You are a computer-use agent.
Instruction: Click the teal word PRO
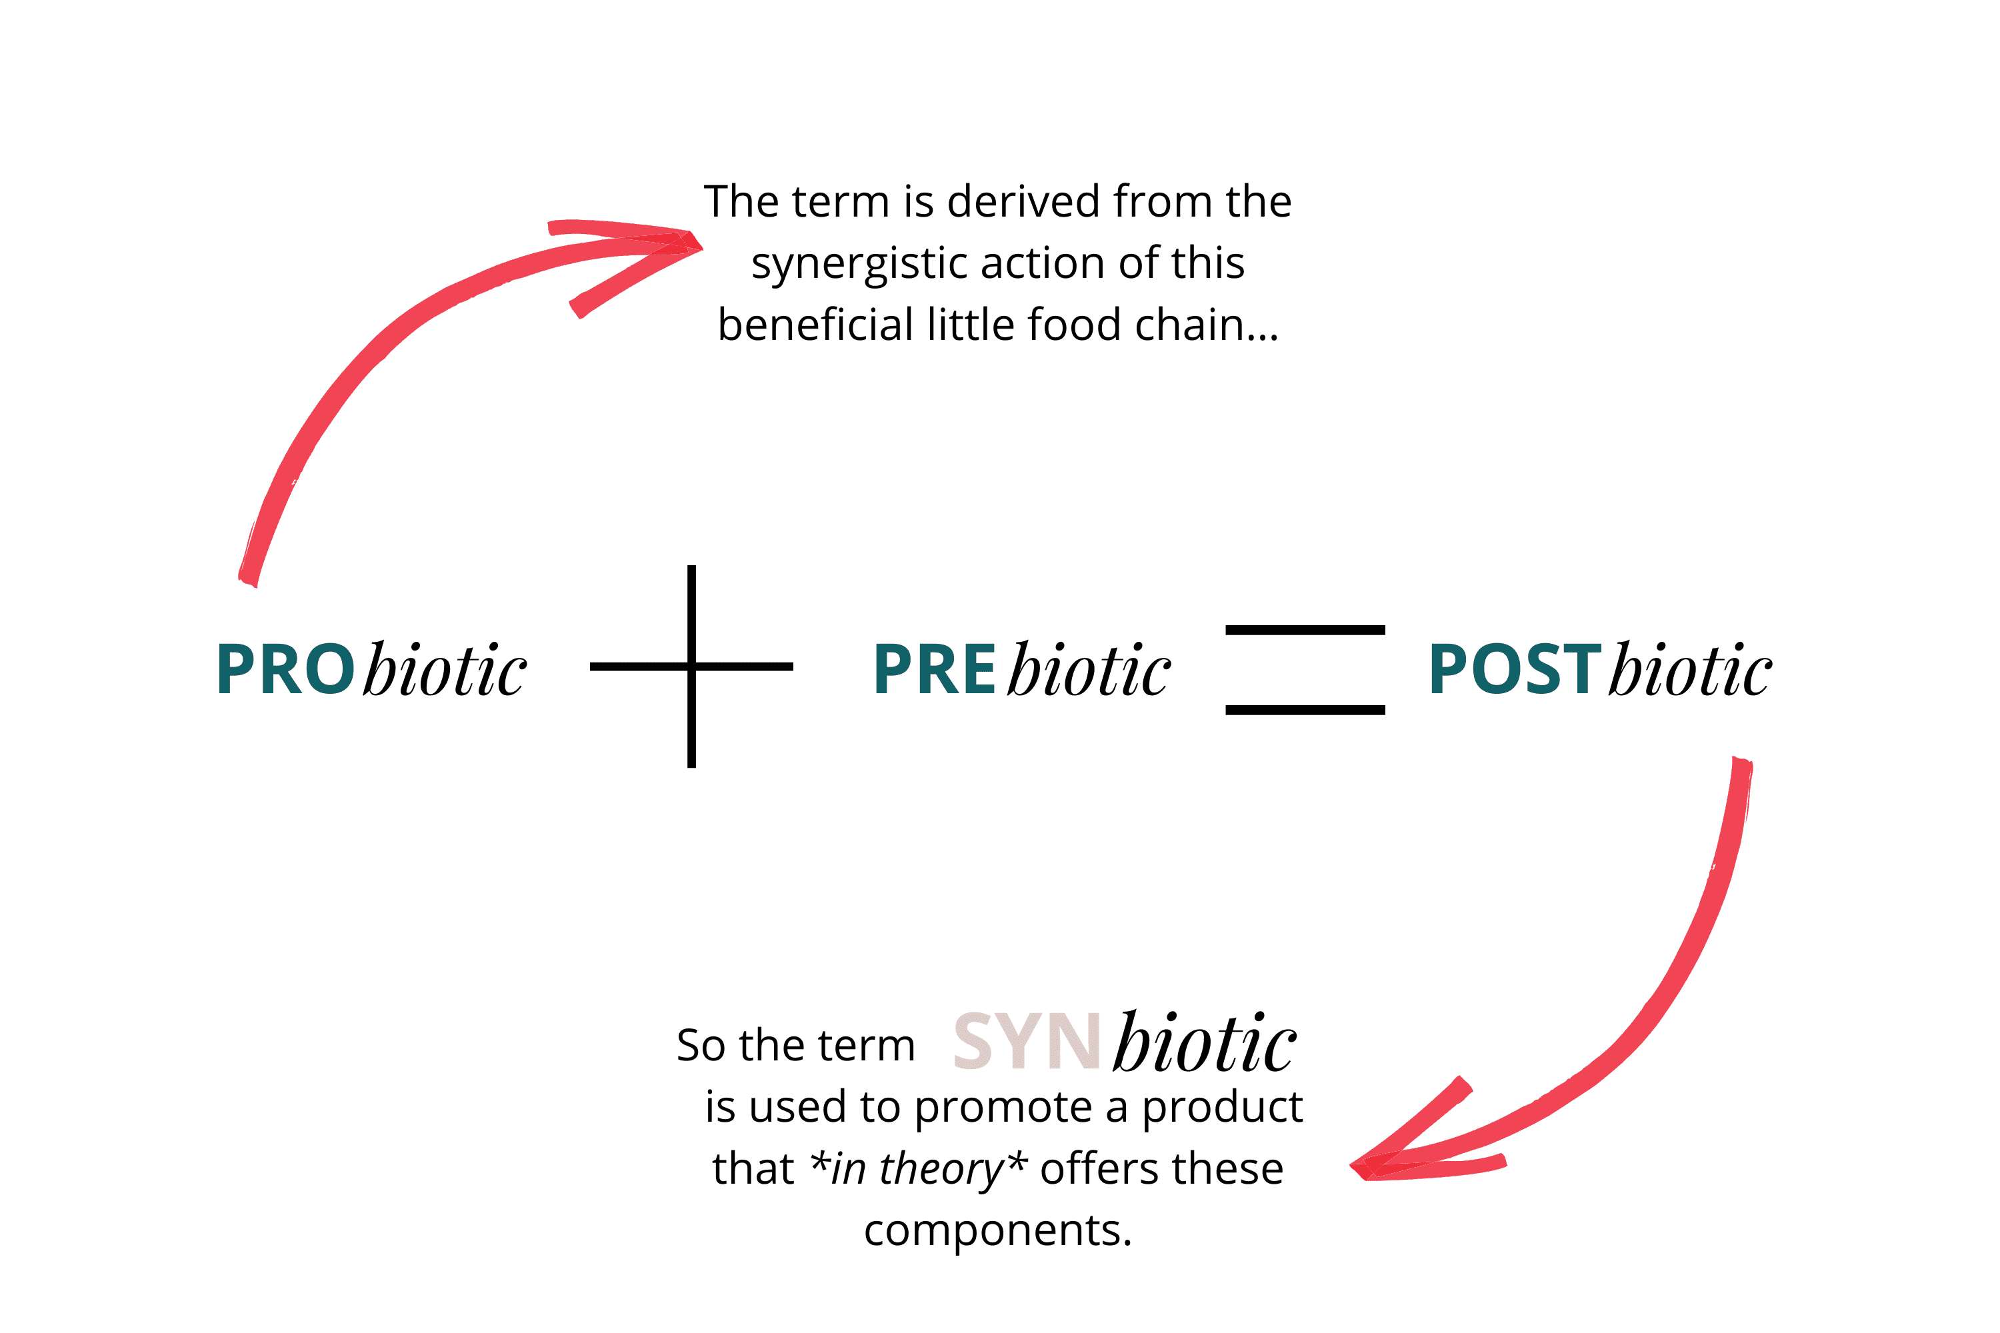pos(285,670)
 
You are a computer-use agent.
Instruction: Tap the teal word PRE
pos(934,670)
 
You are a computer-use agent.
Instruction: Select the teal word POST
pos(1515,670)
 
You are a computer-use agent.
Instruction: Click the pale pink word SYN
pos(1027,1042)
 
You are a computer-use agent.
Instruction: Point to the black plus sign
pos(691,666)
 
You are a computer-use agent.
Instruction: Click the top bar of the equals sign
pos(1305,630)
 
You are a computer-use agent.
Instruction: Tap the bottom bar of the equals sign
pos(1305,710)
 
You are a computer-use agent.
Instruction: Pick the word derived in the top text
pos(1023,203)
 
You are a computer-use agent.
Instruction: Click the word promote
pos(1021,1108)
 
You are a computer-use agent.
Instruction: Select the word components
pos(997,1230)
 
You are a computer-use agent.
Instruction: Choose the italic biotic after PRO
pos(445,670)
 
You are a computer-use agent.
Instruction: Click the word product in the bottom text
pos(1221,1108)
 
